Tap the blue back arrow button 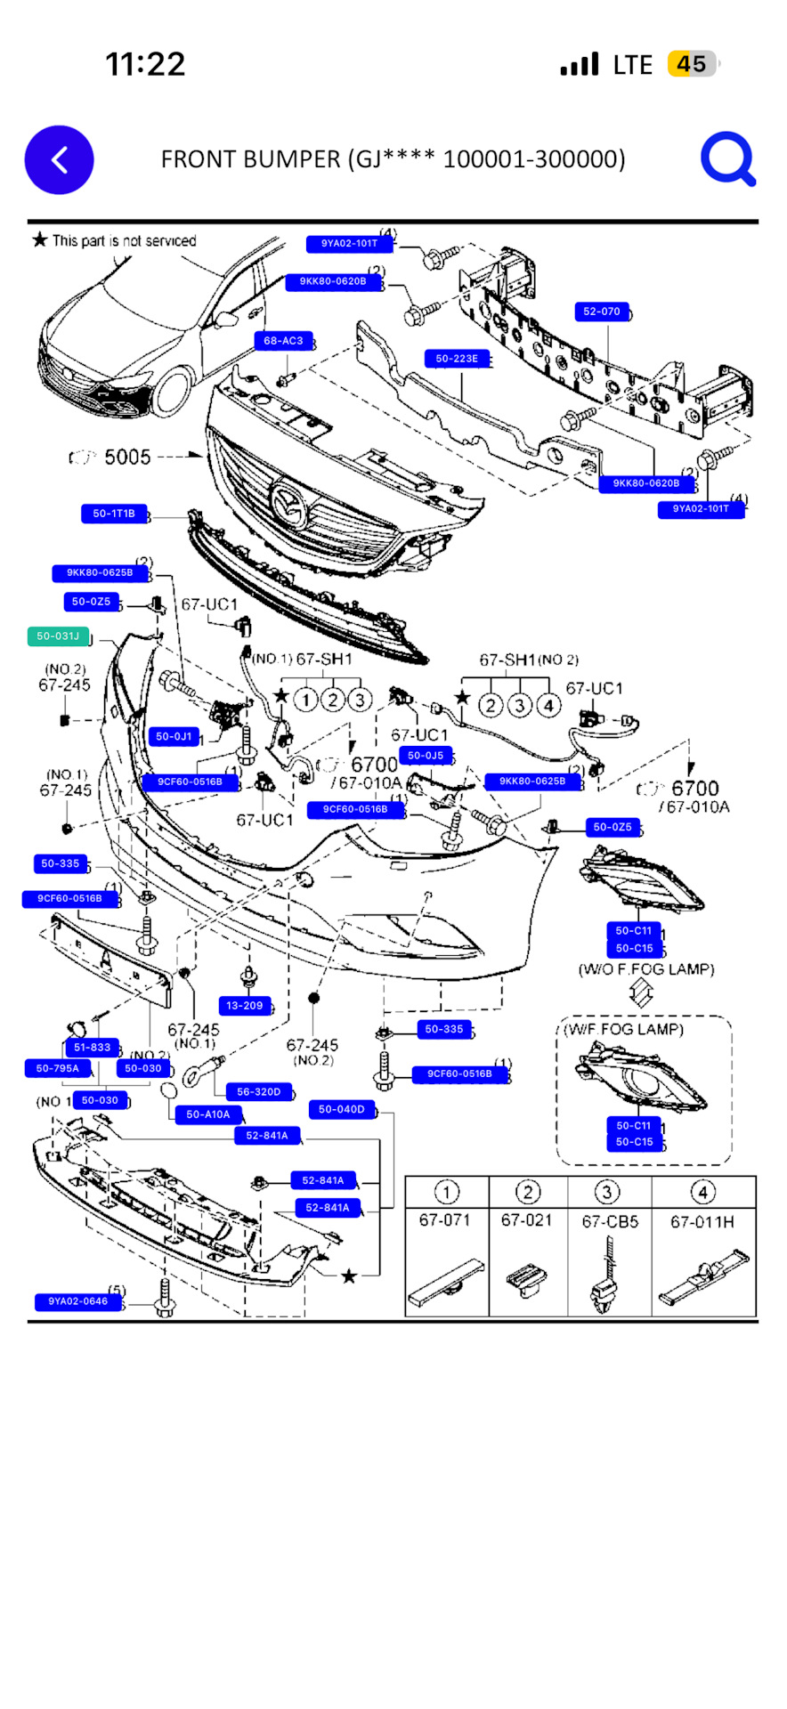pos(59,160)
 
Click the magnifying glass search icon pos(727,159)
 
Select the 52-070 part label pos(602,312)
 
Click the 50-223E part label pos(457,359)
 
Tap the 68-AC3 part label pos(283,341)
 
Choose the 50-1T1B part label pos(114,514)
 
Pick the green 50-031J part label pos(58,636)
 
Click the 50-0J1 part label pos(174,736)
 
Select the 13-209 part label pos(245,1006)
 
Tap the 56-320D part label pos(258,1091)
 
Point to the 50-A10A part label pos(207,1114)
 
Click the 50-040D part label pos(342,1109)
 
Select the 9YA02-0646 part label pos(77,1301)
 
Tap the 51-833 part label pos(92,1048)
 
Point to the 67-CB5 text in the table pos(610,1221)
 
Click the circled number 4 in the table pos(702,1192)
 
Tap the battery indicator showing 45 pos(692,64)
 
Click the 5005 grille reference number pos(127,457)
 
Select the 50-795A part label pos(58,1068)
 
